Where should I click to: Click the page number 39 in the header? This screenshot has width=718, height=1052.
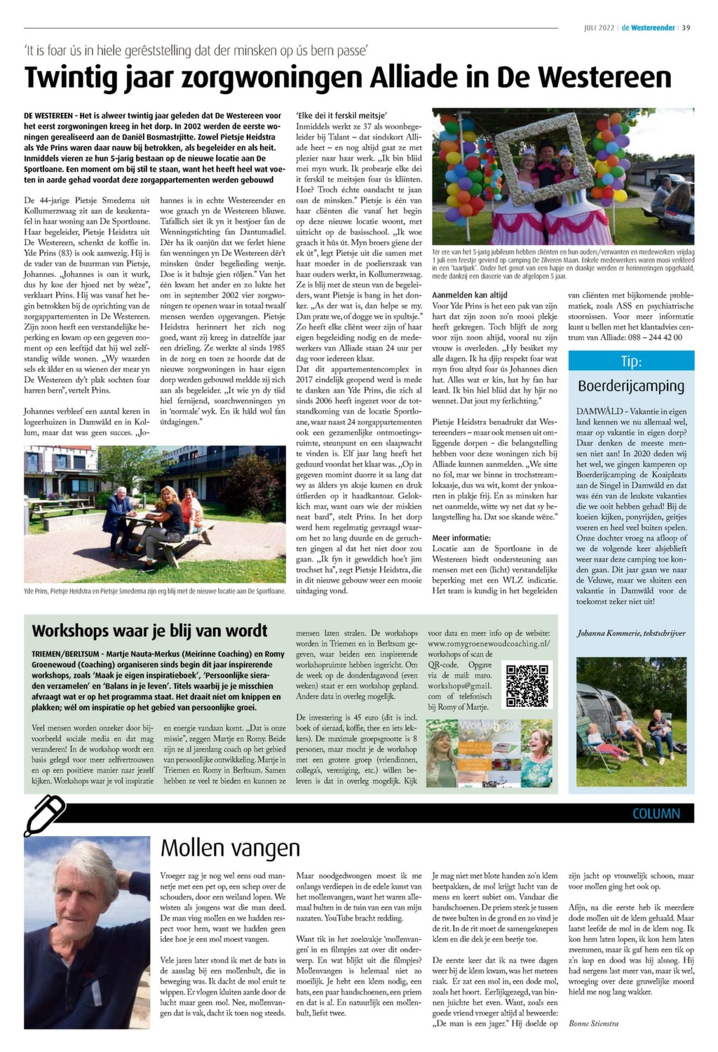686,28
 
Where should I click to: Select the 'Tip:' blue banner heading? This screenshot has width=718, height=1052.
631,361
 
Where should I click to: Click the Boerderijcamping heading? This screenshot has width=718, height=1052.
631,386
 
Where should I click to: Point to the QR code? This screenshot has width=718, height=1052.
527,686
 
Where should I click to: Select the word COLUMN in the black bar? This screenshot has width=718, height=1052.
656,814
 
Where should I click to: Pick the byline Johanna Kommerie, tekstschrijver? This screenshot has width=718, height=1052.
631,633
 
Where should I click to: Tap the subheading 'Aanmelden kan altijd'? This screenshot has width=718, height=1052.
470,295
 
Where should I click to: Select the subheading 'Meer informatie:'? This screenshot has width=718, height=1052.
461,538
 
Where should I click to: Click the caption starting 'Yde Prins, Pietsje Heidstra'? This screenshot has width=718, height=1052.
154,591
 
